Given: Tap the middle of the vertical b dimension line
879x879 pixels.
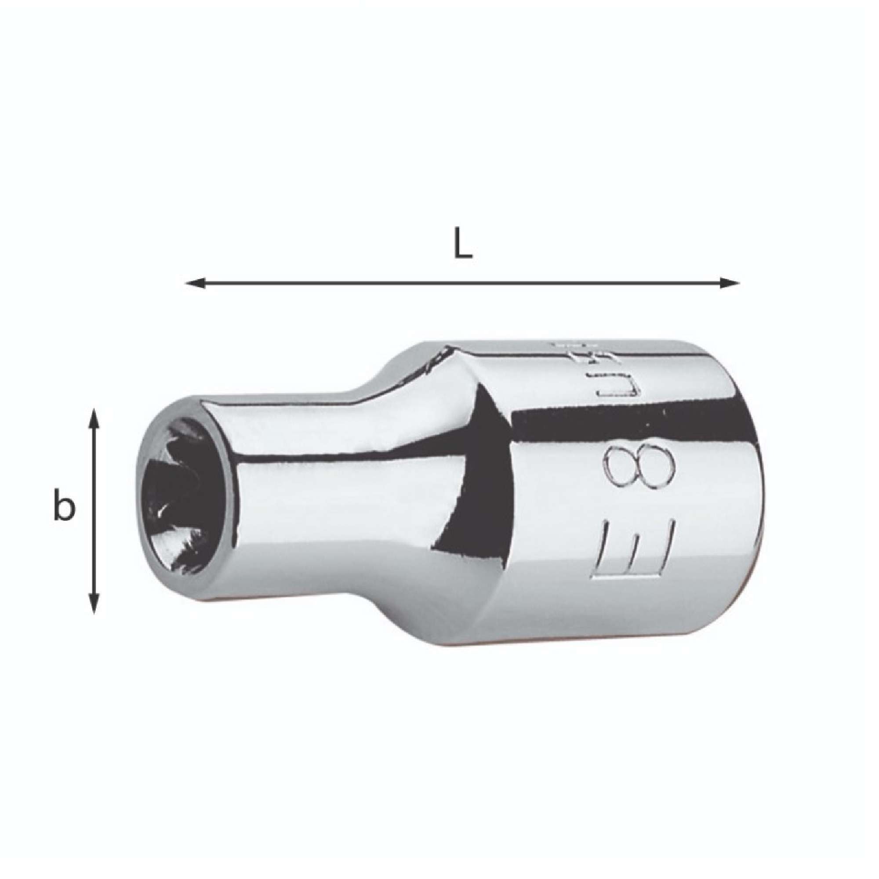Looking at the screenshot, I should pyautogui.click(x=93, y=509).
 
